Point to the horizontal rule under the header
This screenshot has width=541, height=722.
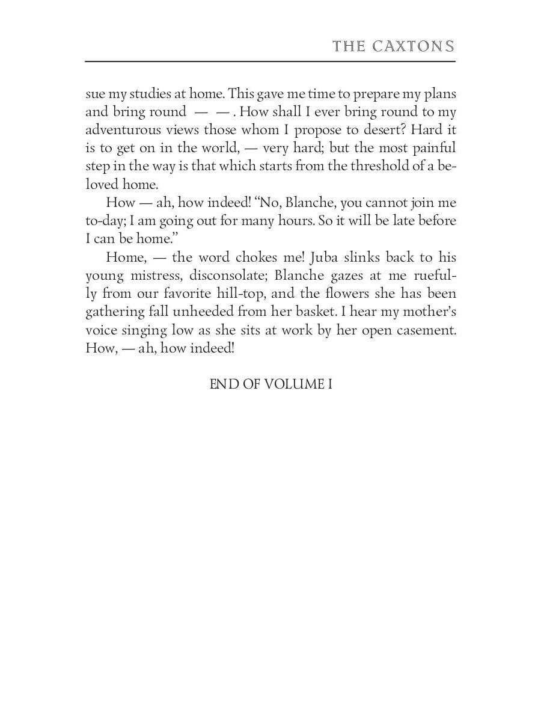point(270,61)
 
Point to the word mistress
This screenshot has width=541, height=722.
point(154,276)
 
